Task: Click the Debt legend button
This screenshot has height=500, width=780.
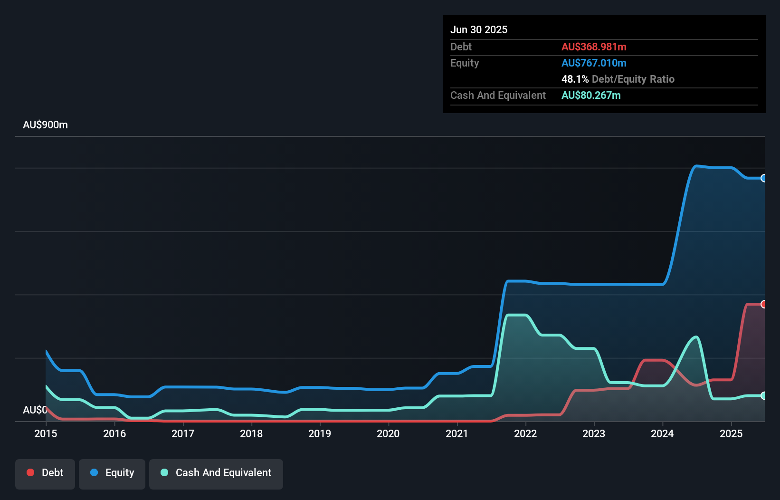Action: (x=45, y=473)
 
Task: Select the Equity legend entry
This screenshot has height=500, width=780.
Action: (x=112, y=473)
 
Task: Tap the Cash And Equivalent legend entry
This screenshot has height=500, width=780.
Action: (x=216, y=473)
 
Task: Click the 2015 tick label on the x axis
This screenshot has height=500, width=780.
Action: (x=46, y=433)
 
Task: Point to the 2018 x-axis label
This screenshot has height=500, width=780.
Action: (x=251, y=433)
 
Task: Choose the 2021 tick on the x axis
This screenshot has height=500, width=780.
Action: (x=457, y=433)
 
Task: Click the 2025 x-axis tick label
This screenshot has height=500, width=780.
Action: (x=731, y=433)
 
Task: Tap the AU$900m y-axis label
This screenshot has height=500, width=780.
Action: (x=45, y=125)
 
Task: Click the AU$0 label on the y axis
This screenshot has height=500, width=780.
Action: (x=35, y=410)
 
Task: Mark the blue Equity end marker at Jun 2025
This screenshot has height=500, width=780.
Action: (x=763, y=178)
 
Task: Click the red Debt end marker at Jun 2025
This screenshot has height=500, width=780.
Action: (x=763, y=304)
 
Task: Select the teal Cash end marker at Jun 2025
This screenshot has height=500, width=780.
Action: (x=763, y=395)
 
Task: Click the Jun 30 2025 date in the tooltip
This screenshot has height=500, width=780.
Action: (x=479, y=29)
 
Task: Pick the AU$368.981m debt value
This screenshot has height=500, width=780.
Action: (x=594, y=47)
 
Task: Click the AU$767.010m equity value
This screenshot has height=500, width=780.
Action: (x=594, y=63)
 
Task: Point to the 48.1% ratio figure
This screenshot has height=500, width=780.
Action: (x=575, y=79)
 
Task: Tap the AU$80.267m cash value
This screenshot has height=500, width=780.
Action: (x=591, y=95)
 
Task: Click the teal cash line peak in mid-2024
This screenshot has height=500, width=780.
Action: (x=696, y=337)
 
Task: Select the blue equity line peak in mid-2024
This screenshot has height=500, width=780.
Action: (x=696, y=166)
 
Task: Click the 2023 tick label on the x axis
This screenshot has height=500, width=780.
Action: (x=594, y=433)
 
